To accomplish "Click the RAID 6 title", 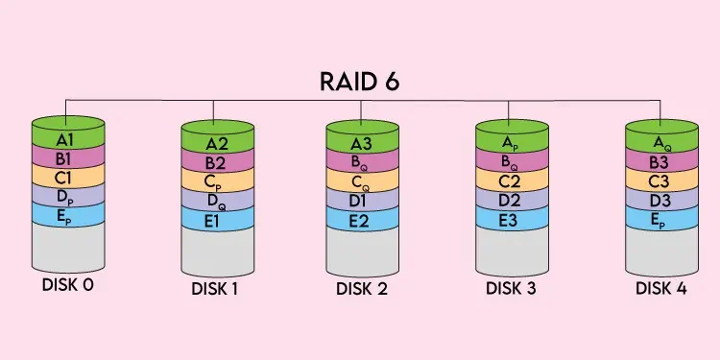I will (361, 81).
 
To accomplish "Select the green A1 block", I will (66, 137).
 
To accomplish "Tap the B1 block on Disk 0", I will (66, 156).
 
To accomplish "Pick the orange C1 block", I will (66, 177).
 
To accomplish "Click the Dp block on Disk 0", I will (66, 196).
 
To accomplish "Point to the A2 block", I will (217, 144).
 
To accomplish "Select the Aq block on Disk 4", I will (661, 143).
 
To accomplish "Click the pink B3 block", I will (661, 162).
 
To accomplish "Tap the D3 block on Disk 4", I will (661, 202).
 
